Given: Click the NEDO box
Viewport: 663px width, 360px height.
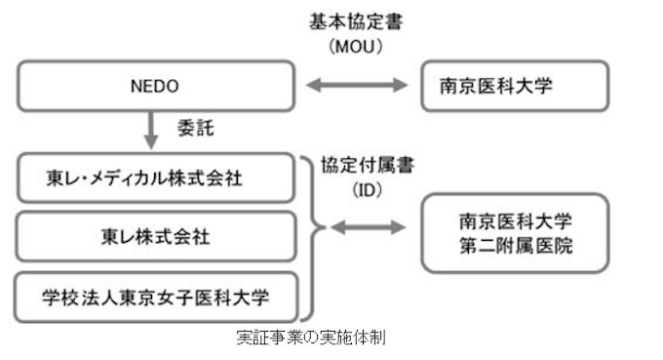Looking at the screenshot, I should click(157, 85).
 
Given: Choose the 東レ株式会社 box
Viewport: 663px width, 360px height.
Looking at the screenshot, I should click(157, 236).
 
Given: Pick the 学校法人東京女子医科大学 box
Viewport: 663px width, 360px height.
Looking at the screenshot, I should click(157, 295).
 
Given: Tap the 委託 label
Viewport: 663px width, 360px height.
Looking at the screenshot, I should click(194, 127).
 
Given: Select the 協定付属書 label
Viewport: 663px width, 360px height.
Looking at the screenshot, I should click(367, 165).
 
